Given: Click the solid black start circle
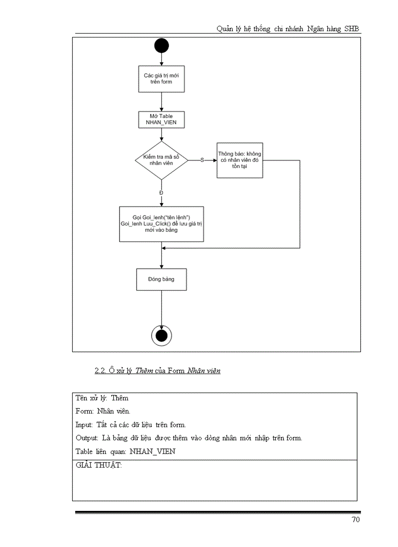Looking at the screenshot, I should point(161,46).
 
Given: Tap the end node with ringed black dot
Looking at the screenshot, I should point(161,336).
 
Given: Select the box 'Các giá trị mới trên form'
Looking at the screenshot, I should point(161,79).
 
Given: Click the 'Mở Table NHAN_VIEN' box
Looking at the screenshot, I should point(161,120).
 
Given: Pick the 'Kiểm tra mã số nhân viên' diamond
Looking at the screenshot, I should point(161,160).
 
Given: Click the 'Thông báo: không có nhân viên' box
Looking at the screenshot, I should point(239,160).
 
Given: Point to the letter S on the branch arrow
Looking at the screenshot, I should point(202,160).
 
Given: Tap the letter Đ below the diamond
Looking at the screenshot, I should point(161,193).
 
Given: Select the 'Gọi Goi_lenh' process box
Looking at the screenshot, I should point(161,224).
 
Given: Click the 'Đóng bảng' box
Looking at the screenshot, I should point(161,280).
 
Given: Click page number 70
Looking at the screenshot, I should point(356,520).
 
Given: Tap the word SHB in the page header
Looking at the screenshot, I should point(352,29).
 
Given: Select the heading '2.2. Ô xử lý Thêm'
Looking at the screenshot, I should point(157,371).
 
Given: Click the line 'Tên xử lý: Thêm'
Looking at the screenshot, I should point(102,398).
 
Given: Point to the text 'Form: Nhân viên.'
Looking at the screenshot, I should point(103,411).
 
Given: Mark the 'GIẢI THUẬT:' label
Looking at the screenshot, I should point(99,465).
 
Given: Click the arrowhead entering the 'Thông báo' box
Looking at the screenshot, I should point(214,160).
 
